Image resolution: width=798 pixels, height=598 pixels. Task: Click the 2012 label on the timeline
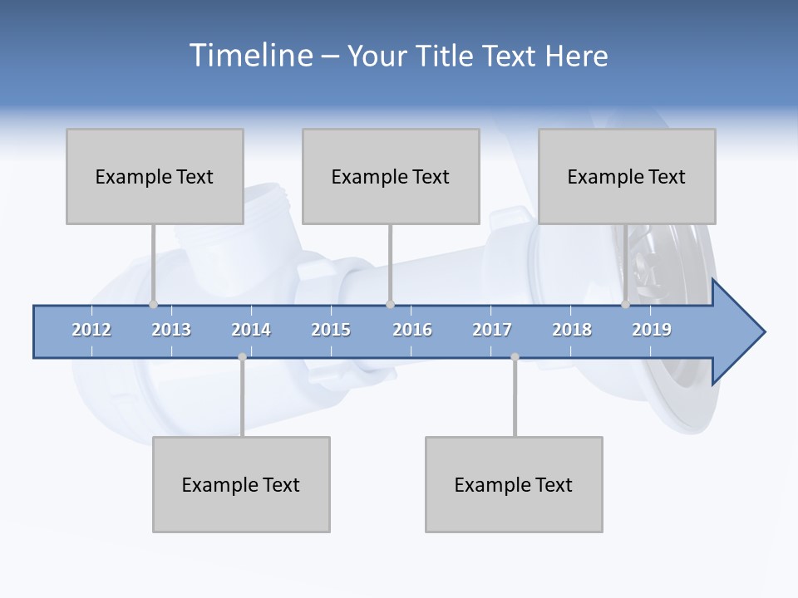(91, 330)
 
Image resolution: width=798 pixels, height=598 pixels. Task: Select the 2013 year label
(171, 330)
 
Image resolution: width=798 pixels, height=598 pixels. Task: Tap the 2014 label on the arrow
(251, 330)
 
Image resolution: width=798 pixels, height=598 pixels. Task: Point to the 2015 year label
(331, 330)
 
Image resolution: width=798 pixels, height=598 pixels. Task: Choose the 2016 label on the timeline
(412, 330)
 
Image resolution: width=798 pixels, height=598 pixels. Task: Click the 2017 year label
(492, 330)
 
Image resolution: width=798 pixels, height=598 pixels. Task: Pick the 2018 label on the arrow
(572, 330)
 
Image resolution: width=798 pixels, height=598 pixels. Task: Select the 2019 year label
(652, 330)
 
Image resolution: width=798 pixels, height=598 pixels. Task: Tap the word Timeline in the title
(250, 56)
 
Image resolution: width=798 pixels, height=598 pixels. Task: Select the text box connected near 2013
(155, 176)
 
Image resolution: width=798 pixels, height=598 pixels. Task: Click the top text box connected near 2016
(391, 176)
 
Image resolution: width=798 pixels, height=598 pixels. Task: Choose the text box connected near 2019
(627, 176)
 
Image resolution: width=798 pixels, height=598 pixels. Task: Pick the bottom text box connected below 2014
(241, 484)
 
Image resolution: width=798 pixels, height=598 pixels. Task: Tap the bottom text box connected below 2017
(514, 484)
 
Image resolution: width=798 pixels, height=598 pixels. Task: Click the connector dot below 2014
(242, 357)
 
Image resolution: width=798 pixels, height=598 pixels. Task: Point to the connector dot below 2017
(515, 357)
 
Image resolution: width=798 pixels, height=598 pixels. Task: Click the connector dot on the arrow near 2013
(153, 304)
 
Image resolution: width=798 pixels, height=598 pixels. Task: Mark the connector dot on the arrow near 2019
(625, 304)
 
